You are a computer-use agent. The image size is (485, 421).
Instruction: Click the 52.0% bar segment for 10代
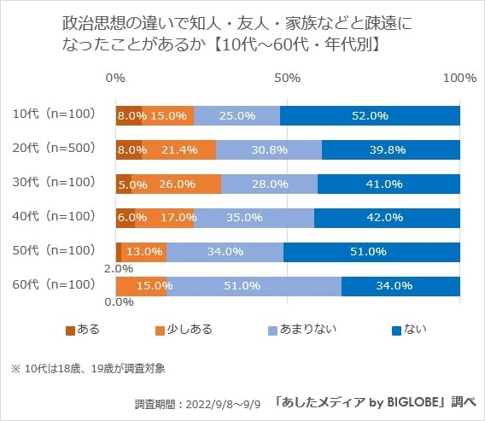tap(370, 115)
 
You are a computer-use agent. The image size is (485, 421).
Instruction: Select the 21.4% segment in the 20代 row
tap(178, 149)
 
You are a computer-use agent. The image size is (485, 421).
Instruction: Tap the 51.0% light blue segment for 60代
tap(254, 285)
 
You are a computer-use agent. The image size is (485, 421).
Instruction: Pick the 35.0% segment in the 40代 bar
tap(254, 218)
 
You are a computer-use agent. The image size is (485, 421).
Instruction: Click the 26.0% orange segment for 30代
tap(177, 184)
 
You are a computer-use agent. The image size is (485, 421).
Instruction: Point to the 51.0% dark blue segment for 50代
tap(371, 251)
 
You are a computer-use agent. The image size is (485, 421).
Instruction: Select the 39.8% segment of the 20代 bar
tap(391, 149)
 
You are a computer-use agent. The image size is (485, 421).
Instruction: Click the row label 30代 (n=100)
tap(56, 182)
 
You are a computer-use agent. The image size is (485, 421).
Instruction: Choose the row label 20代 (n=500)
tap(56, 148)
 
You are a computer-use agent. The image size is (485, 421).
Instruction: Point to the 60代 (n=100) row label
tap(56, 284)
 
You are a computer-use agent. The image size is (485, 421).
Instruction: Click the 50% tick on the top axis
tap(288, 78)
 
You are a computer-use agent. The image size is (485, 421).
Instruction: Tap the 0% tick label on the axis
tap(116, 78)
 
